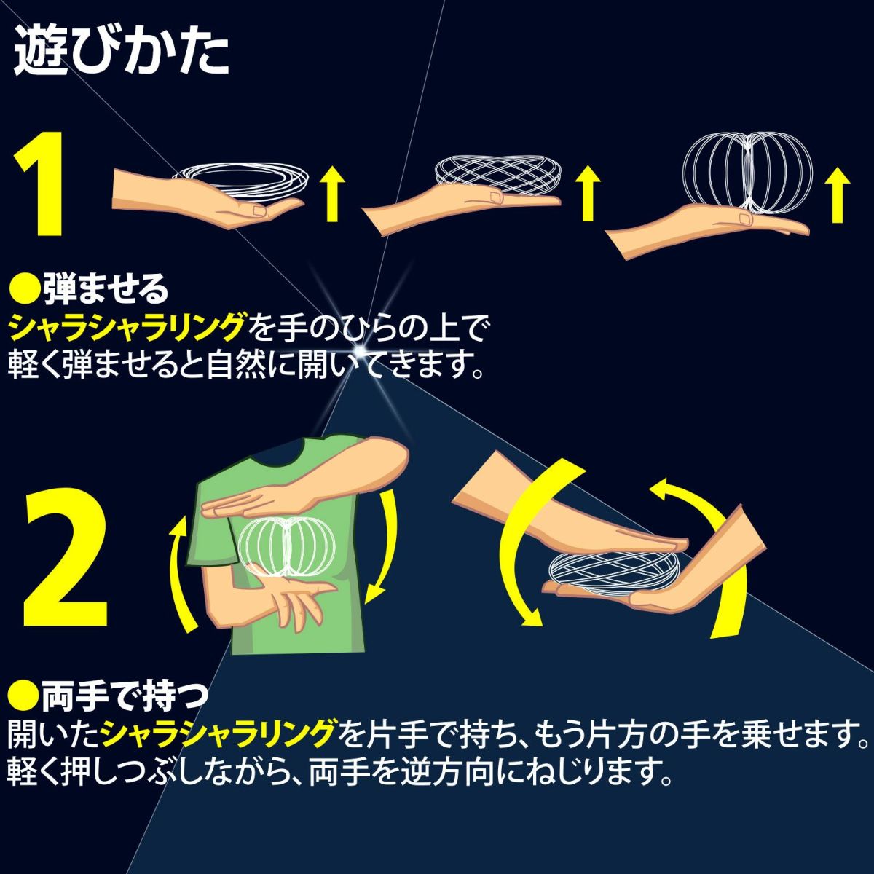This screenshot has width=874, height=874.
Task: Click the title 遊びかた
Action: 121,52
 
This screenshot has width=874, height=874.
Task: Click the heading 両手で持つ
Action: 123,696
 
